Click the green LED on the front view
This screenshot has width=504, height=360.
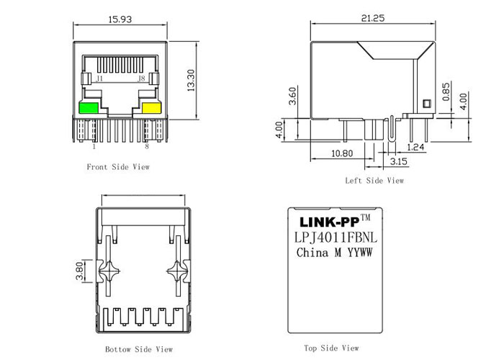tap(88, 109)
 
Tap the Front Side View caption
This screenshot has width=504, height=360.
tap(118, 167)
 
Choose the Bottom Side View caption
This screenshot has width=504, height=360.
tap(140, 349)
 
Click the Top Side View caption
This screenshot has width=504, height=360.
tap(331, 348)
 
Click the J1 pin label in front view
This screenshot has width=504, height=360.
tap(99, 78)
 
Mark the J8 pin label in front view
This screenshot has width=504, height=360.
tap(141, 78)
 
